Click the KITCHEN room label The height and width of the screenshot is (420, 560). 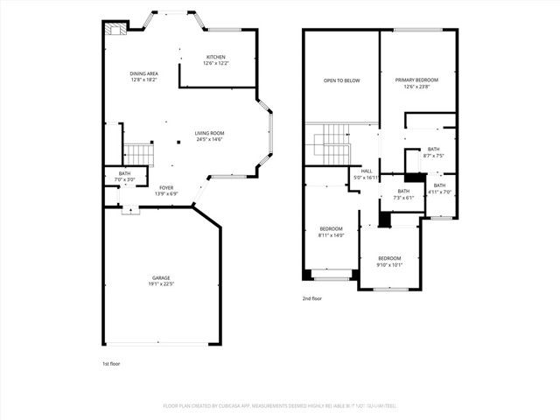[x=215, y=57]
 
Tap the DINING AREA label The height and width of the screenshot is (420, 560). [x=143, y=73]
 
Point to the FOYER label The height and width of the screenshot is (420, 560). [x=165, y=187]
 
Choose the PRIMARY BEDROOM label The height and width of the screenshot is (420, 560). [x=416, y=80]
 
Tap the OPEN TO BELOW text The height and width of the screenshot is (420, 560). [x=341, y=80]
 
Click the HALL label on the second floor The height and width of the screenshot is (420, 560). [x=367, y=171]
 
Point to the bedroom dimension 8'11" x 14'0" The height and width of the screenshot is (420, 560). [x=331, y=234]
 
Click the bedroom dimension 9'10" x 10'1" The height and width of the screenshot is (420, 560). [x=389, y=263]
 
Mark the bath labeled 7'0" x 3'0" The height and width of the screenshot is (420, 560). [x=126, y=179]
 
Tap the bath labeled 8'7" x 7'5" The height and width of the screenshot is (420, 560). [x=434, y=156]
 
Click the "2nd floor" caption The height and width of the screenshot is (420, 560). [x=313, y=297]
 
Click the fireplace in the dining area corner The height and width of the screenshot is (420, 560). [x=114, y=29]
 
